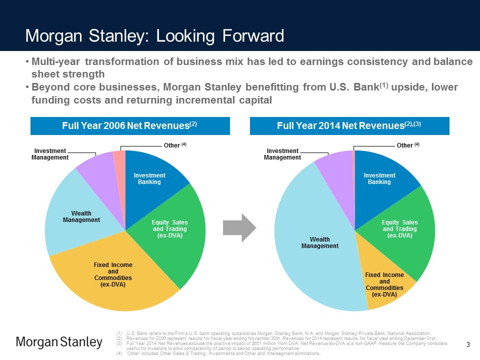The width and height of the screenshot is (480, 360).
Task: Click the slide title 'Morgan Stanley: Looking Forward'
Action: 154,36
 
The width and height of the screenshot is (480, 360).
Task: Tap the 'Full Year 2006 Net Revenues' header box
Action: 130,126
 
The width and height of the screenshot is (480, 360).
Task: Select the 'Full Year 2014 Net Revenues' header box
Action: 349,126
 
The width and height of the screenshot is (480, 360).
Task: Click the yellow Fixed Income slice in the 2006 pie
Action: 115,280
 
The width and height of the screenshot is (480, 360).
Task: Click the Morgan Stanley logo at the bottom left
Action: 59,342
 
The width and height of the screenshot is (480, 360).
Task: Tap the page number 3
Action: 468,344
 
